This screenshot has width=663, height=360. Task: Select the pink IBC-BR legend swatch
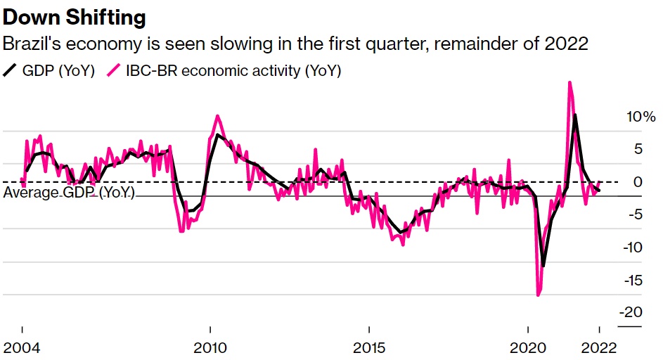tap(112, 70)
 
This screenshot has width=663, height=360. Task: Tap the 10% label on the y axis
tap(641, 117)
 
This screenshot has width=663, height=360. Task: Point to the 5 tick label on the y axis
tap(638, 149)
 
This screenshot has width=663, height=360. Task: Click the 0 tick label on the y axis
tap(638, 182)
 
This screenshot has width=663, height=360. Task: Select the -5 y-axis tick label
tap(635, 214)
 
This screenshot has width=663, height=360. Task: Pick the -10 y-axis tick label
tap(633, 247)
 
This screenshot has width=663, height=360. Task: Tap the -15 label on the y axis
tap(633, 280)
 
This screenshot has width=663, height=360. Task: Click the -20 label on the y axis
tap(632, 312)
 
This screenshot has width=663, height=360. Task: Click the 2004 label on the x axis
tap(23, 348)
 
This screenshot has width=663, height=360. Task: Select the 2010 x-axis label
tap(210, 348)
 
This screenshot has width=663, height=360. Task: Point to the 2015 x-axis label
tap(369, 348)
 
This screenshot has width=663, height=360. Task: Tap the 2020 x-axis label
tap(529, 348)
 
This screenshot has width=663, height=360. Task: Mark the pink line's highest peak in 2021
tap(569, 82)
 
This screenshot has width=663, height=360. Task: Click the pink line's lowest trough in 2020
tap(539, 295)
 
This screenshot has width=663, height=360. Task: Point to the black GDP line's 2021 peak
tap(576, 115)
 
